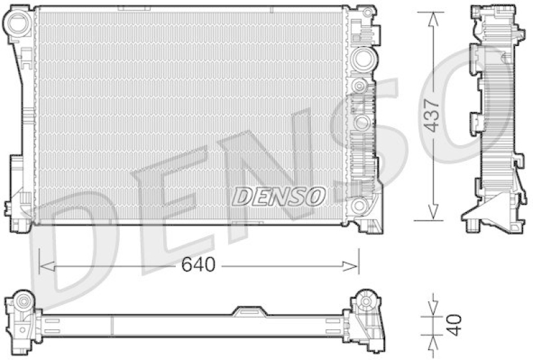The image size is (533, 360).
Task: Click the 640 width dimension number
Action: [198, 265]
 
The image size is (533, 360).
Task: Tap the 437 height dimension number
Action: [433, 115]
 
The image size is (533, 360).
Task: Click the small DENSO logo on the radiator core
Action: [278, 196]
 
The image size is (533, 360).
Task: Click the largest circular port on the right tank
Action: [363, 59]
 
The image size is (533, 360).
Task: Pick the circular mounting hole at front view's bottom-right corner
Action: [360, 205]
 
